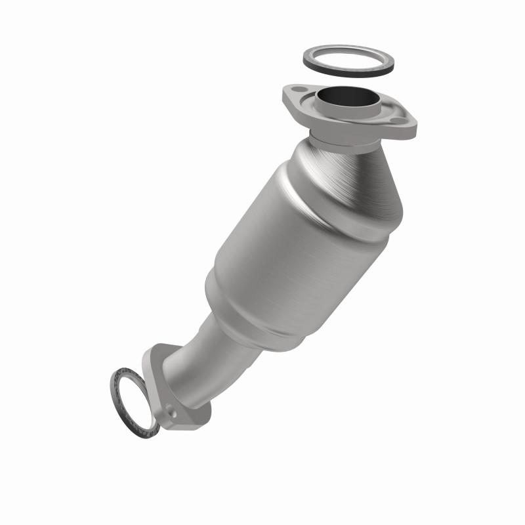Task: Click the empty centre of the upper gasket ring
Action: click(348, 60)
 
